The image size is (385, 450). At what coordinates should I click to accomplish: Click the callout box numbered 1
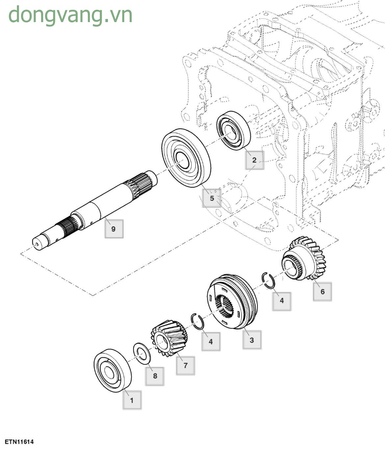[132, 400]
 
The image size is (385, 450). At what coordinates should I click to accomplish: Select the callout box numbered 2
[254, 160]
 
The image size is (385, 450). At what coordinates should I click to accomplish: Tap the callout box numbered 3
[252, 340]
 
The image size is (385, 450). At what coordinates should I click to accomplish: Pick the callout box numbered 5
[212, 198]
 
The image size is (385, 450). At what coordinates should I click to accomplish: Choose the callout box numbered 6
[322, 291]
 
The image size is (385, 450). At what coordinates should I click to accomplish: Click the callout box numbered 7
[185, 365]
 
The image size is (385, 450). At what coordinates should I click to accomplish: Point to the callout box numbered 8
[155, 376]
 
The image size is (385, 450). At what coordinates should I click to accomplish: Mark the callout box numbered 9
[114, 229]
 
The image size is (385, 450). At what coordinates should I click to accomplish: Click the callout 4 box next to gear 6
[281, 300]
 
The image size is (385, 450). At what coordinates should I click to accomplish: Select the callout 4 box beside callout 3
[211, 341]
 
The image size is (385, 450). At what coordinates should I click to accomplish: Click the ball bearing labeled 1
[112, 370]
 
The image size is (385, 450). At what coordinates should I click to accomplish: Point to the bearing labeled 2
[233, 131]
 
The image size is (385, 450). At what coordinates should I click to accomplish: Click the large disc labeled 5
[186, 158]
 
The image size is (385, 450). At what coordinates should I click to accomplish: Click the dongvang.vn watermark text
[70, 15]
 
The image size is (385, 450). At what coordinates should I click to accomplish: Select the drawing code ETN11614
[19, 442]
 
